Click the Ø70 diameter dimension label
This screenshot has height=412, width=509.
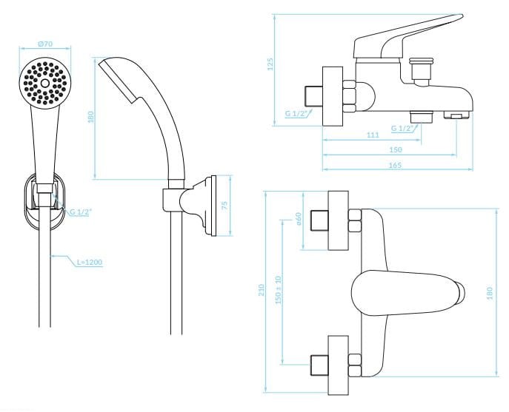(45, 44)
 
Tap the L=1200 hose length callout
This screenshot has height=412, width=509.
(90, 263)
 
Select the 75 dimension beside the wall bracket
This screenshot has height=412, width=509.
(224, 206)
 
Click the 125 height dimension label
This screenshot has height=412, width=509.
(270, 64)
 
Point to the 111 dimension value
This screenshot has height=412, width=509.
(373, 135)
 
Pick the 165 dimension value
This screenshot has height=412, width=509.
(395, 165)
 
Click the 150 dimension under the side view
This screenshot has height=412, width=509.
(396, 149)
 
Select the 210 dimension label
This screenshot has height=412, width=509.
(262, 290)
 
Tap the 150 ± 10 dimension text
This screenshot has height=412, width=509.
(278, 290)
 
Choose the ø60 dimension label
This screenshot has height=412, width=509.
(299, 219)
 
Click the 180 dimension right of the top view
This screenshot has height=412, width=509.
(490, 293)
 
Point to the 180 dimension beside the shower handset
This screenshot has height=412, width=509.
(90, 117)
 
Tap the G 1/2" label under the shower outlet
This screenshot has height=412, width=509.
(404, 129)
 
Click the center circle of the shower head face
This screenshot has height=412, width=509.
(45, 84)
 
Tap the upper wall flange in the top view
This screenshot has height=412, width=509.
(339, 220)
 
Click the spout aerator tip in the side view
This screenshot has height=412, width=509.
(457, 115)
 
